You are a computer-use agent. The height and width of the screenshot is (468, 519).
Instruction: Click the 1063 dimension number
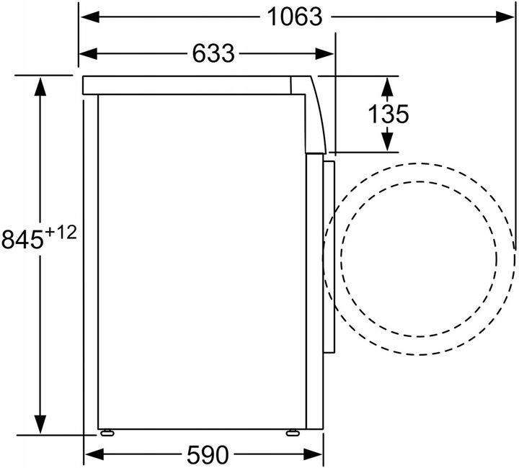pos(294,17)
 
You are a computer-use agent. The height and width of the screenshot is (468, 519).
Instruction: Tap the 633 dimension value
pos(213,53)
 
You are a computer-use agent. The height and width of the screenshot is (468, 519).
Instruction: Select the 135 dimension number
pos(389,114)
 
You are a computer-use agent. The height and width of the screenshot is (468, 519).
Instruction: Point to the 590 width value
pos(208,455)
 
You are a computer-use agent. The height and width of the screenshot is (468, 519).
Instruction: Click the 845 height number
pos(22,239)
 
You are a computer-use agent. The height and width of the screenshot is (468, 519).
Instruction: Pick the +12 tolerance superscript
pos(61,233)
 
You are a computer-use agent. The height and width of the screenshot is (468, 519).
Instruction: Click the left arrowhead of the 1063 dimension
pos(90,17)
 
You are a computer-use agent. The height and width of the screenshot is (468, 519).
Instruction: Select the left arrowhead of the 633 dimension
pos(89,53)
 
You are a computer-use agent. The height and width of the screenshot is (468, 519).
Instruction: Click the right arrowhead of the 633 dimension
pos(324,53)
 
